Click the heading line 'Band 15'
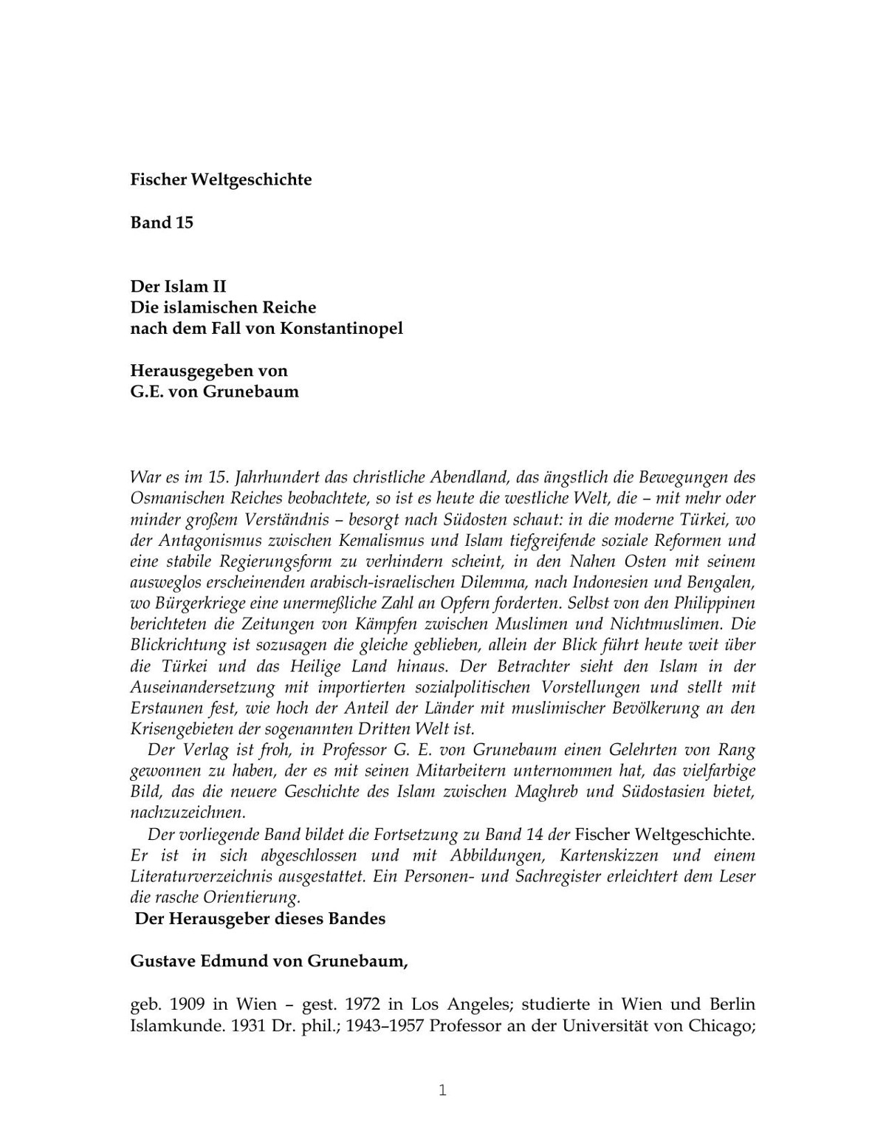pos(162,222)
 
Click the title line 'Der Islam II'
pos(178,286)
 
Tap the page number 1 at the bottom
pos(443,1090)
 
